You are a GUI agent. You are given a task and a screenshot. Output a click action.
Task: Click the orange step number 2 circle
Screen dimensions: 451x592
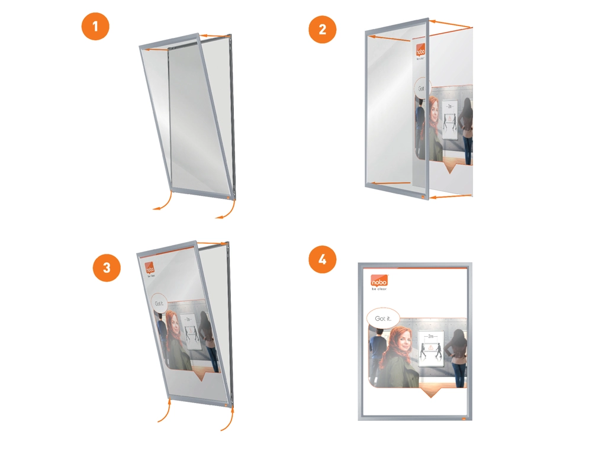coord(323,29)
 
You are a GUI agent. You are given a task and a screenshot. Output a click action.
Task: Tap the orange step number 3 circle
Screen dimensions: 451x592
coord(107,267)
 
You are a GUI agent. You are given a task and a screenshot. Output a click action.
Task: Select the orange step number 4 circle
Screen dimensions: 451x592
coord(323,261)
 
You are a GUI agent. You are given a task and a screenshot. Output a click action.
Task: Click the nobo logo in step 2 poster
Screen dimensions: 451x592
coord(420,50)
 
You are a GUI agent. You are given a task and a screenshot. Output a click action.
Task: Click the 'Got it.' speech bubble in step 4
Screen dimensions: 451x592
coord(383,318)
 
